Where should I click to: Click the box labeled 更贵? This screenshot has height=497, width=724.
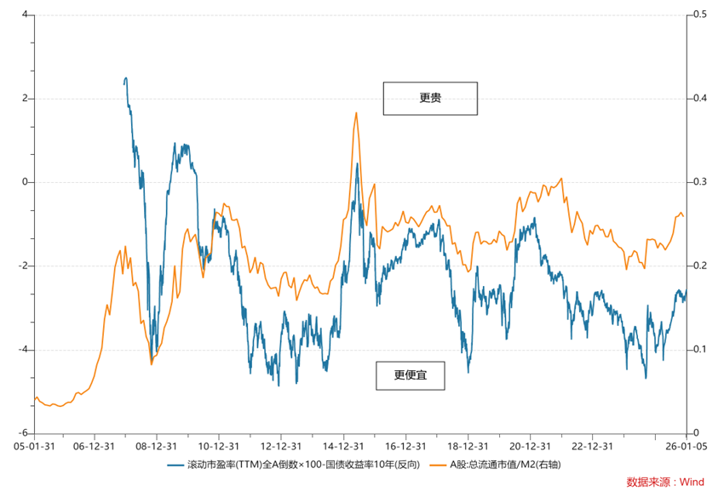430,99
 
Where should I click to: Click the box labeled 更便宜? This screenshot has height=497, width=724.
410,374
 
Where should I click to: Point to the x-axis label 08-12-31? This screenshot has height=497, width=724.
157,445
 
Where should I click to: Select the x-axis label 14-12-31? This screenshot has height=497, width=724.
343,445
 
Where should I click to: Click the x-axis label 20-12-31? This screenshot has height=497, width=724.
529,445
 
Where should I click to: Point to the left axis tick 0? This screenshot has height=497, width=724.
24,182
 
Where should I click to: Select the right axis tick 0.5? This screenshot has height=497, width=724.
699,15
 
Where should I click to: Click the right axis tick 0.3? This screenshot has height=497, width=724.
699,182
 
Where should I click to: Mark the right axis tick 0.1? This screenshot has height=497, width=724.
699,350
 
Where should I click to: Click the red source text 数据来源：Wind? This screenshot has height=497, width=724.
665,482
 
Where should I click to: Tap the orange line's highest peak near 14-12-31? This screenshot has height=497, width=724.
356,112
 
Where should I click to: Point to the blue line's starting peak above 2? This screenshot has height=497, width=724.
126,78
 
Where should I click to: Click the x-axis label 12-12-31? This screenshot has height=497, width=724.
281,445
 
